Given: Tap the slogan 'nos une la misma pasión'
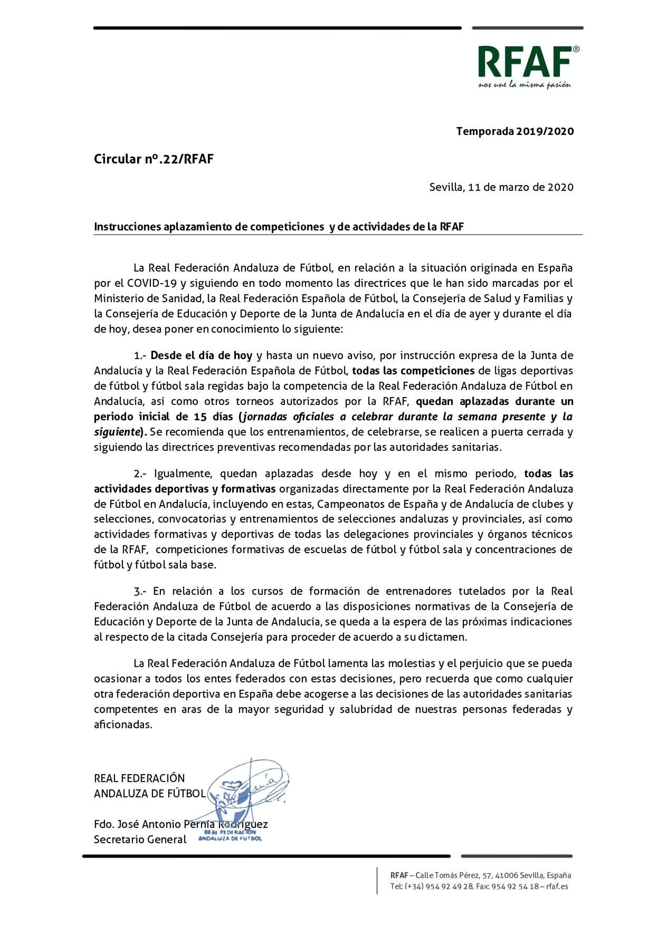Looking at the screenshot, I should pyautogui.click(x=524, y=85).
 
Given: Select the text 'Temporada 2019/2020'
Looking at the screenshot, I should pyautogui.click(x=515, y=131).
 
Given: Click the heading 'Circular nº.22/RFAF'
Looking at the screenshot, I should pyautogui.click(x=154, y=159).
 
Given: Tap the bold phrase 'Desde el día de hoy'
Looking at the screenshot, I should pyautogui.click(x=201, y=355).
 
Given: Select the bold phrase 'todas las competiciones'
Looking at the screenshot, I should pyautogui.click(x=413, y=371).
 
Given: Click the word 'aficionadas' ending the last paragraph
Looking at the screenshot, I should pyautogui.click(x=123, y=725).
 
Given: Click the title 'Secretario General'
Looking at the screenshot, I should pyautogui.click(x=140, y=839).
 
